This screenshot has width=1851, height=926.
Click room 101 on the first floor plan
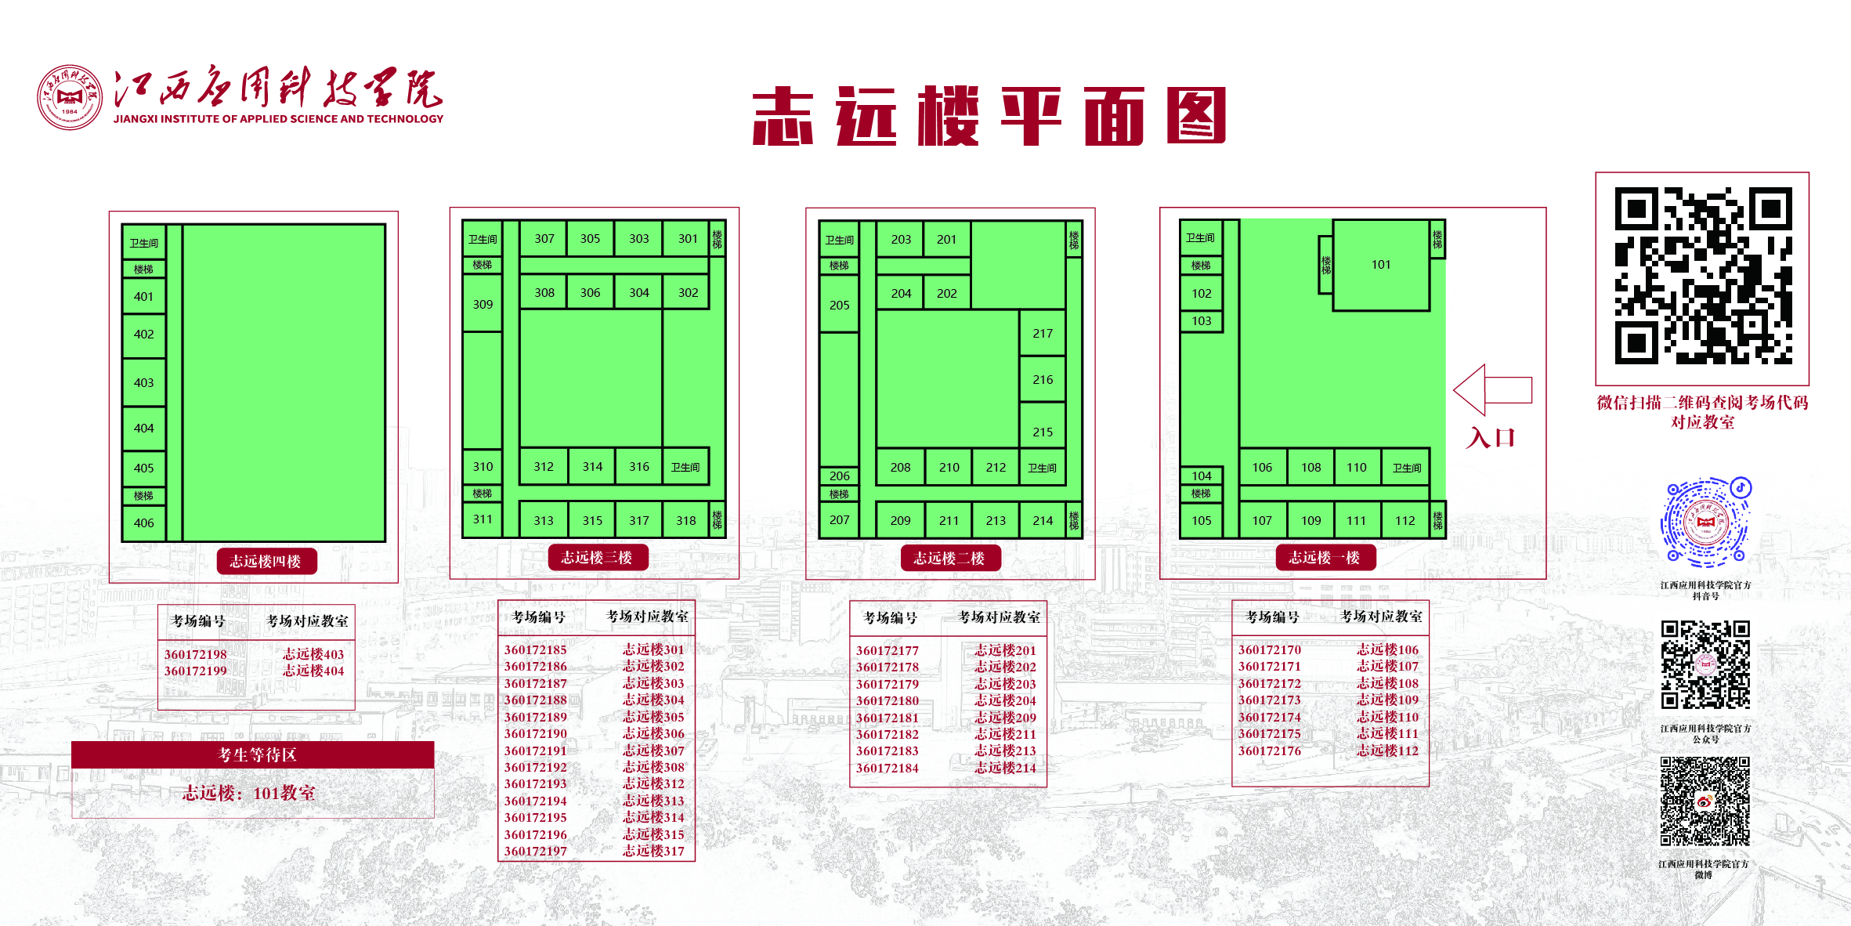(x=1381, y=265)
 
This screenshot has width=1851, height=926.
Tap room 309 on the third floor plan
(x=483, y=304)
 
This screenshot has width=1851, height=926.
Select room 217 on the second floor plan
(x=1043, y=333)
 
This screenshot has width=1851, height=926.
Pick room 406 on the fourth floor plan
(x=144, y=523)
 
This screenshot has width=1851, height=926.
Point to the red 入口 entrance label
(x=1491, y=437)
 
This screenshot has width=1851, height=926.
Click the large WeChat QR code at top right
(x=1703, y=276)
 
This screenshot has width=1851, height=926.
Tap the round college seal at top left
(x=70, y=97)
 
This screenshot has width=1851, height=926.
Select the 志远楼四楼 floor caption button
(x=266, y=561)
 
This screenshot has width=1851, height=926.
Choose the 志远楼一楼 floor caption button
(x=1325, y=557)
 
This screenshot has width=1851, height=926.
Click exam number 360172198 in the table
(x=195, y=654)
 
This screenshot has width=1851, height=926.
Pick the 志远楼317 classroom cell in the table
(x=653, y=851)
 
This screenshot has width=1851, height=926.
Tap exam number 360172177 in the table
(x=887, y=650)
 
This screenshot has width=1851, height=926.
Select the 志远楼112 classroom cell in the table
(x=1387, y=751)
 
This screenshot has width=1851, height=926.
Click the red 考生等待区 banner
(x=253, y=754)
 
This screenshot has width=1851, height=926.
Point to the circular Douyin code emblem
(x=1705, y=522)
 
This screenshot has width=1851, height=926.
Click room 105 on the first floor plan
(x=1202, y=520)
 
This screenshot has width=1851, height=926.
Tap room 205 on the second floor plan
(x=839, y=305)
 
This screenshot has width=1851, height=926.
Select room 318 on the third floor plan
(x=686, y=520)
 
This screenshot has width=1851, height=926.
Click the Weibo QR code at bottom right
(x=1705, y=801)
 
